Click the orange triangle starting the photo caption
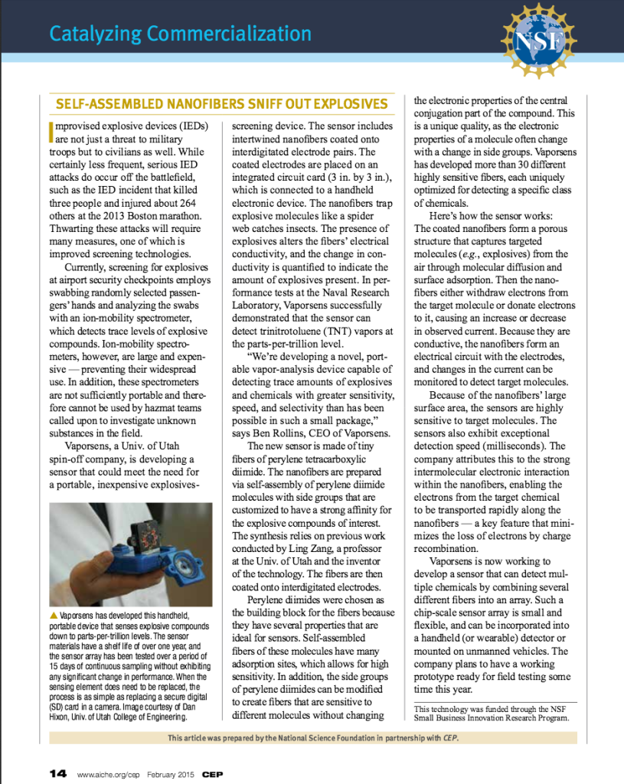(x=52, y=615)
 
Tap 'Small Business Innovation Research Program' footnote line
(x=492, y=718)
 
